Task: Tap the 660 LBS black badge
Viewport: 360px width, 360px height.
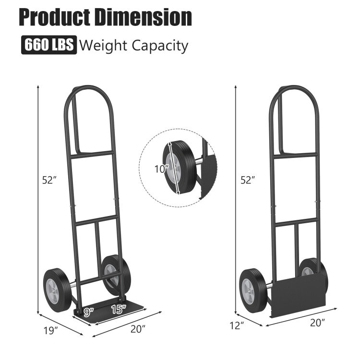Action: click(x=48, y=46)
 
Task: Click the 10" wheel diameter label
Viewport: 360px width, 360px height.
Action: click(x=161, y=168)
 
